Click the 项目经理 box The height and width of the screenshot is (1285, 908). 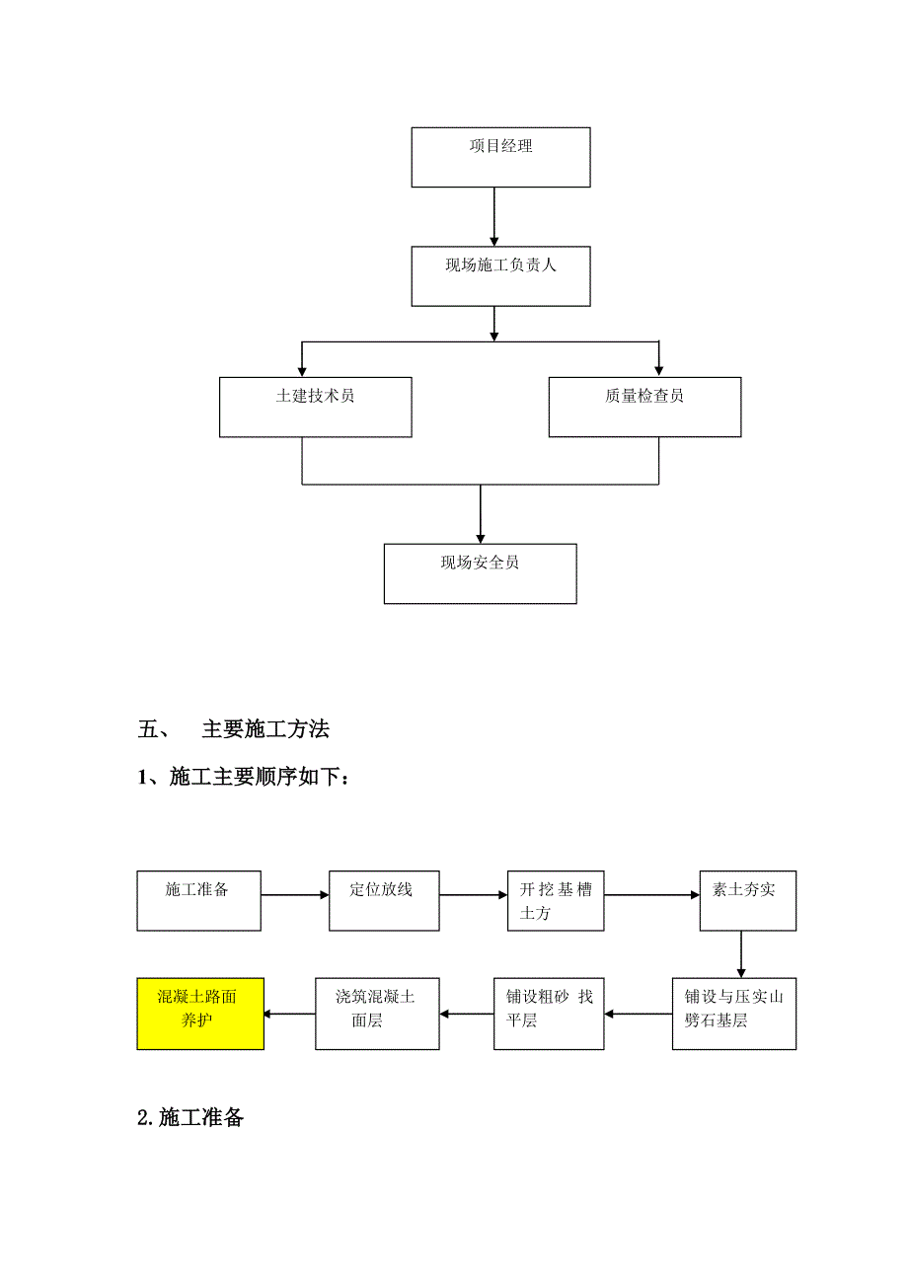(x=500, y=157)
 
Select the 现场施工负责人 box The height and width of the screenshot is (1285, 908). (x=500, y=275)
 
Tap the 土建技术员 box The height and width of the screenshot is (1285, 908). (x=315, y=407)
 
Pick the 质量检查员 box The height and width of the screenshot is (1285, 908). (x=644, y=407)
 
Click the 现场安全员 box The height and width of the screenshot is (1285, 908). (x=480, y=573)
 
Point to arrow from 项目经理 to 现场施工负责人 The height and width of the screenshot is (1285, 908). (x=494, y=216)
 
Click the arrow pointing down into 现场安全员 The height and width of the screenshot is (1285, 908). (x=480, y=514)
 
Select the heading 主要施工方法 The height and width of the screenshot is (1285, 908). (x=265, y=730)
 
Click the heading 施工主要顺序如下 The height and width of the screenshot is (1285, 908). (x=259, y=779)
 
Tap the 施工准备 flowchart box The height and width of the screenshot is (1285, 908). (x=198, y=900)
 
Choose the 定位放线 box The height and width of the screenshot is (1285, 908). (x=384, y=900)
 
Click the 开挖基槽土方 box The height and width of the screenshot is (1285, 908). (x=556, y=900)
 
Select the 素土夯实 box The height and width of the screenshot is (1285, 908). (x=748, y=900)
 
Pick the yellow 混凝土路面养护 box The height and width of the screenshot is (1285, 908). (x=200, y=1014)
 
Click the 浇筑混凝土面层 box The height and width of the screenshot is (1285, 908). (x=377, y=1014)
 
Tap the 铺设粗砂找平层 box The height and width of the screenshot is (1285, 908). (x=549, y=1014)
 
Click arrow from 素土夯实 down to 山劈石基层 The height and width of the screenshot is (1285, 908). (x=741, y=954)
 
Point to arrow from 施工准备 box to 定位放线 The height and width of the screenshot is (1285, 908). (x=295, y=895)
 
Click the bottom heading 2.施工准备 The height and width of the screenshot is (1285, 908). (x=190, y=1119)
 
